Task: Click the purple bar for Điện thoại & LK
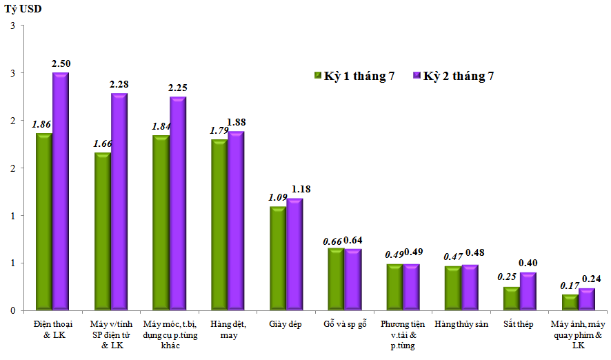pyautogui.click(x=61, y=191)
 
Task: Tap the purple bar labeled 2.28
pyautogui.click(x=119, y=201)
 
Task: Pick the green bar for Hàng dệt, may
pyautogui.click(x=219, y=224)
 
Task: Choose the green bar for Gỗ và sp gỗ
pyautogui.click(x=336, y=279)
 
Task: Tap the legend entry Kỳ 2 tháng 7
pyautogui.click(x=458, y=76)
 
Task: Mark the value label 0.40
pyautogui.click(x=528, y=263)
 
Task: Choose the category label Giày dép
pyautogui.click(x=283, y=323)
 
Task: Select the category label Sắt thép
pyautogui.click(x=516, y=323)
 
